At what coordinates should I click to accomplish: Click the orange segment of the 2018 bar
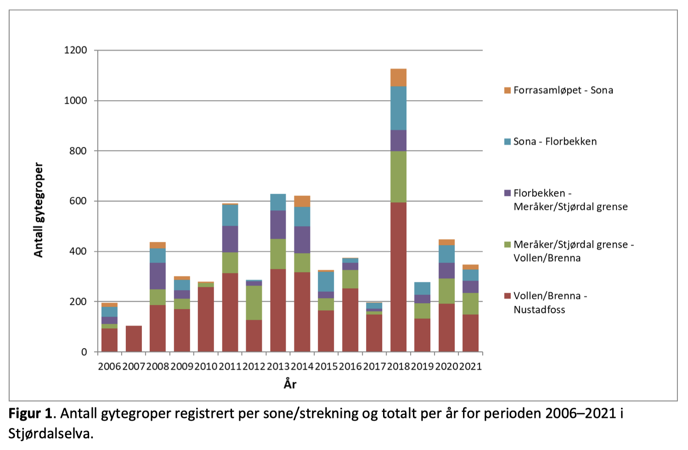point(398,78)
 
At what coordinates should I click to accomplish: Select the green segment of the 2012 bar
point(254,303)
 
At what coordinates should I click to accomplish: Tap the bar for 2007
point(134,338)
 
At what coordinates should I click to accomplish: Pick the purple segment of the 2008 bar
point(158,276)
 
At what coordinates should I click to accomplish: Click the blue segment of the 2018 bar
point(398,108)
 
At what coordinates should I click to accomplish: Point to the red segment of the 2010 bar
point(206,319)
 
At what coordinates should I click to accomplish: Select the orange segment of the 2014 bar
point(302,201)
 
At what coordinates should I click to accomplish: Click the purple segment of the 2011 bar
point(230,239)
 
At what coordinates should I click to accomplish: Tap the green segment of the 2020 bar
point(446,291)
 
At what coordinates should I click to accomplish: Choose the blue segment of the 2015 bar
point(326,281)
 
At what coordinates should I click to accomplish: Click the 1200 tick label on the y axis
point(75,50)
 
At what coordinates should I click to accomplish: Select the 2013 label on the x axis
point(278,366)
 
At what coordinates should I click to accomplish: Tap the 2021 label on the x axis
point(470,366)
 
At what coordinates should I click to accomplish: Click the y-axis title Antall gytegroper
point(39,210)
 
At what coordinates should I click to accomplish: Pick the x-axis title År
point(290,384)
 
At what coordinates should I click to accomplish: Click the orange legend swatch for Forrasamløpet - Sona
point(508,90)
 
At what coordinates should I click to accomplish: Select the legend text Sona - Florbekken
point(555,141)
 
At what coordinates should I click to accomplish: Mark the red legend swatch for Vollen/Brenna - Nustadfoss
point(508,296)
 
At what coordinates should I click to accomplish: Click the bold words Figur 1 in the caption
point(30,413)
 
